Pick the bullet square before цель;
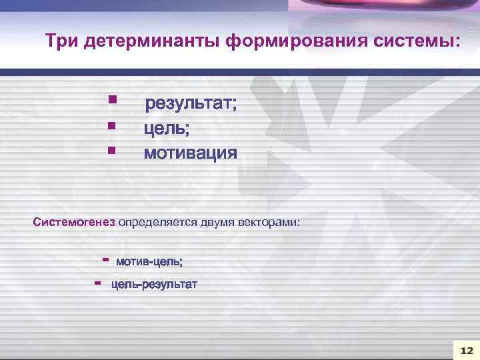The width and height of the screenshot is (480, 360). pyautogui.click(x=112, y=125)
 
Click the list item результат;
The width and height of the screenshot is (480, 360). pyautogui.click(x=191, y=104)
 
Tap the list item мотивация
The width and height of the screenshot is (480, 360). pyautogui.click(x=191, y=153)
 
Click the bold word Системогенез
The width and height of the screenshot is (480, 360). pyautogui.click(x=74, y=221)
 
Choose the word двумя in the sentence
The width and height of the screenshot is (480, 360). pyautogui.click(x=217, y=221)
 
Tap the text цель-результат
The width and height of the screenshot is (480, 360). pyautogui.click(x=154, y=285)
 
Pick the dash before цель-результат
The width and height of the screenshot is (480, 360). pyautogui.click(x=98, y=283)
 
